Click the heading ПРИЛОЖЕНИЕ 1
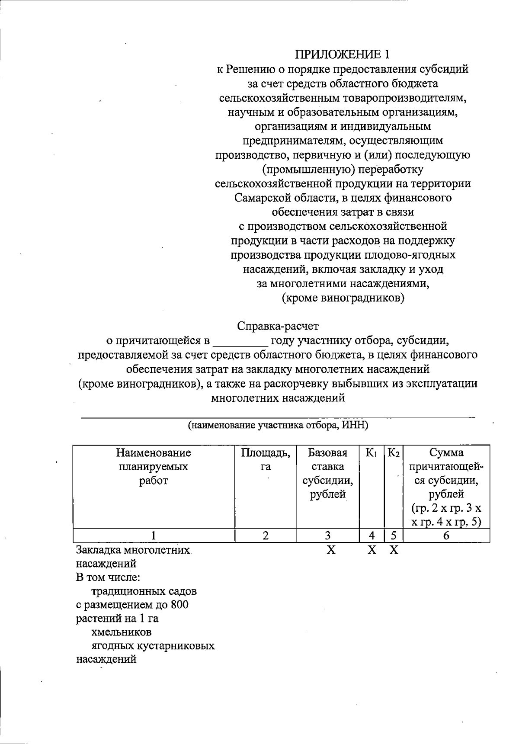343,55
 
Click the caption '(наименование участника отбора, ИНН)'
278,426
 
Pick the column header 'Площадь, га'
266,459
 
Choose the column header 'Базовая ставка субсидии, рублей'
328,473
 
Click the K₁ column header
372,453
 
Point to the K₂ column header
394,453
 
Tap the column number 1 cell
154,536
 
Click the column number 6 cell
446,536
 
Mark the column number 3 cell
328,536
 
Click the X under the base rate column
331,550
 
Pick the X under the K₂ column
394,550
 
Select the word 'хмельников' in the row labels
122,632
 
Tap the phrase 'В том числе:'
108,577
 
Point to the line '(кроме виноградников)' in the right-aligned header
343,298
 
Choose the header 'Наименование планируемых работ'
154,466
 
